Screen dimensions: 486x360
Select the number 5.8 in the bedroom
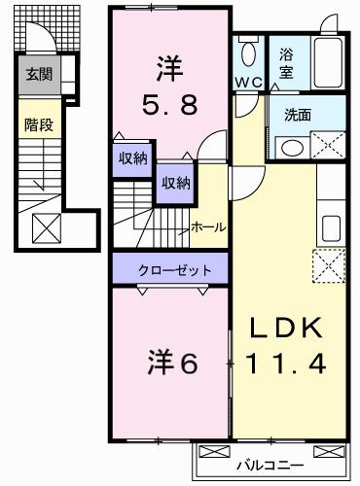click(168, 100)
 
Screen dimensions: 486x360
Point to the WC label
click(246, 83)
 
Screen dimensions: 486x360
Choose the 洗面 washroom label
click(298, 114)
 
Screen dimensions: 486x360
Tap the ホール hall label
click(208, 226)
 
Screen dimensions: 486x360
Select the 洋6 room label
click(173, 362)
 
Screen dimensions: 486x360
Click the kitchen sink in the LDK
click(331, 227)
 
